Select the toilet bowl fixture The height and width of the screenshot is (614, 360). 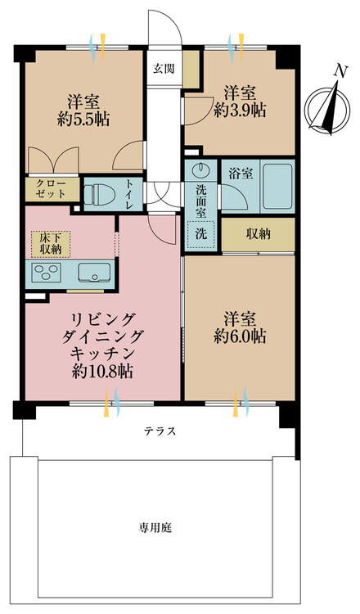(x=100, y=194)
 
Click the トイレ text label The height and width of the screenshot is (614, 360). (x=130, y=194)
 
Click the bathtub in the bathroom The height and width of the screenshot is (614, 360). (x=273, y=190)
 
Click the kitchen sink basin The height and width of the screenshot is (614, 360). (x=91, y=273)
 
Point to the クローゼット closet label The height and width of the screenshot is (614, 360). (x=52, y=190)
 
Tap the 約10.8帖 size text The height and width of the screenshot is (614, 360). (x=102, y=370)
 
